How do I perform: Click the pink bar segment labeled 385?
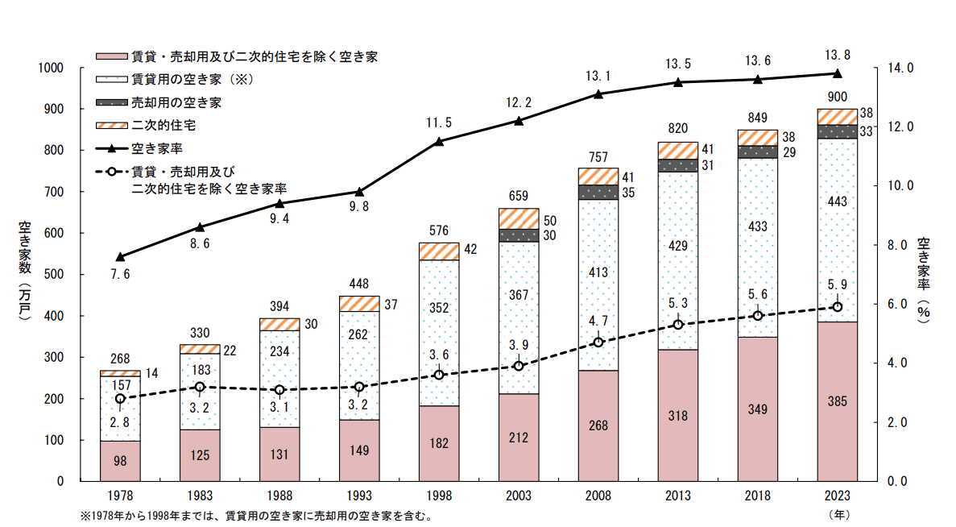[837, 400]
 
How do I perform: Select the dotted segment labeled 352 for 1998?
[439, 333]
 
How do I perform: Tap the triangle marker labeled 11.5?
[439, 142]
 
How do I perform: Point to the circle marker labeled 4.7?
[598, 342]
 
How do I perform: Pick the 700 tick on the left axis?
[53, 192]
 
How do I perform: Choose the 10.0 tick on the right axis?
[900, 185]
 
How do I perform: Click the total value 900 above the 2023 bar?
[837, 98]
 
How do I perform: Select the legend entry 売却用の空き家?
[177, 102]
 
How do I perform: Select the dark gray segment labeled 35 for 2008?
[598, 192]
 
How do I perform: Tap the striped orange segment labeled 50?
[518, 218]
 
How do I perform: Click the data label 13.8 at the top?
[838, 55]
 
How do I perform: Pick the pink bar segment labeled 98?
[120, 460]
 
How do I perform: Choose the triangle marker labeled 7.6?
[120, 257]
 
